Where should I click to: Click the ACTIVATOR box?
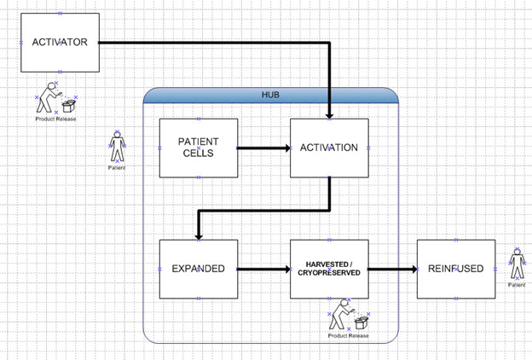coord(60,42)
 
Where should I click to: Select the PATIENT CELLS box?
coord(198,148)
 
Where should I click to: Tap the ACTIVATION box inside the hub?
coord(329,148)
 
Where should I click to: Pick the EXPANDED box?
coord(198,269)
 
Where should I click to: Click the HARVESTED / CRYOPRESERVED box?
coord(329,269)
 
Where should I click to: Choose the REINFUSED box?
coord(456,269)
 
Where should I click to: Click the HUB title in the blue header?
coord(270,94)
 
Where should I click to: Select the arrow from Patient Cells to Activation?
coord(263,148)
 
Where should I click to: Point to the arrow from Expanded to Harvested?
coord(263,269)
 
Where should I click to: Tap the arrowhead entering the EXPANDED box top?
coord(198,234)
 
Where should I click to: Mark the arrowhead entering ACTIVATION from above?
coord(329,113)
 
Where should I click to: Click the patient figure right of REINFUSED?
coord(517,264)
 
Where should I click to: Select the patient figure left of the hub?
coord(117,147)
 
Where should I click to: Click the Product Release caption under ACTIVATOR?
coord(55,119)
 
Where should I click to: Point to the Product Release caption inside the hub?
coord(348,335)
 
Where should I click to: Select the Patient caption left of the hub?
coord(117,168)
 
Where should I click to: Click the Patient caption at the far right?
coord(517,285)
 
